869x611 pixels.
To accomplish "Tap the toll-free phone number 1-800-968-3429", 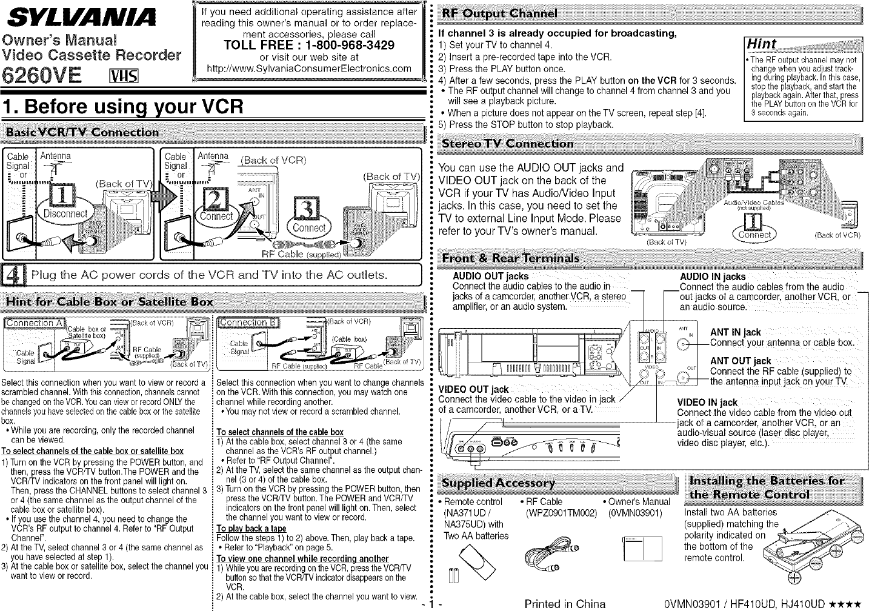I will click(x=309, y=45).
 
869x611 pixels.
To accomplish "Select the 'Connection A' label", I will click(x=35, y=322).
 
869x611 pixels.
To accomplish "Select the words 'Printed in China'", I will click(x=564, y=604).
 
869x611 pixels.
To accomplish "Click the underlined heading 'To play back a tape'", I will click(x=242, y=529).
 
